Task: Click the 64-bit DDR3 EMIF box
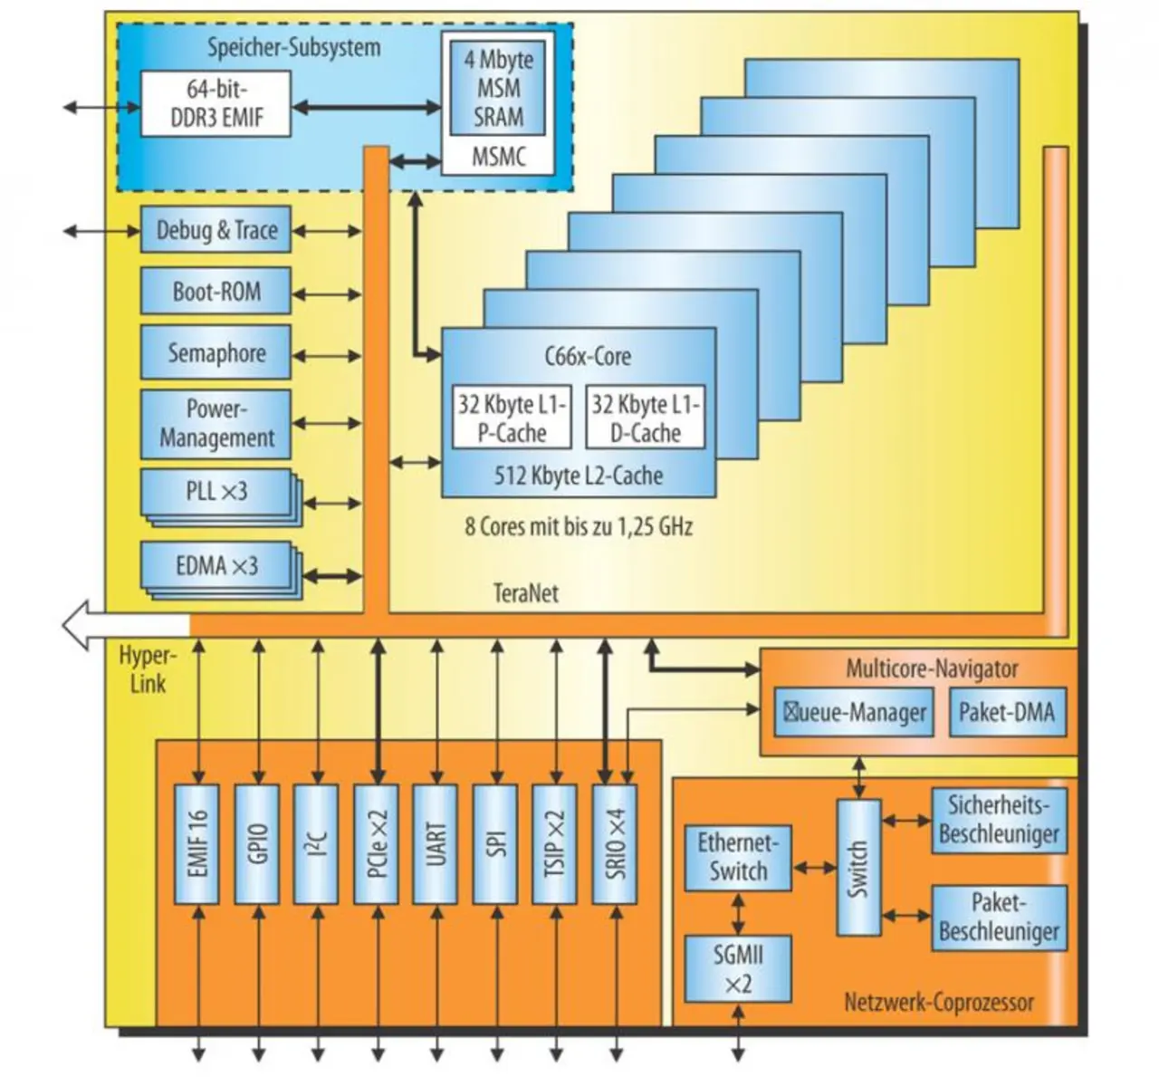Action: [x=216, y=104]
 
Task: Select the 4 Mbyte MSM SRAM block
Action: [x=498, y=88]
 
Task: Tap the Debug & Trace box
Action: [x=216, y=230]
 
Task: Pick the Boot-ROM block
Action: [x=216, y=292]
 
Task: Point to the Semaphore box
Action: [x=216, y=352]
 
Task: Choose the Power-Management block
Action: [x=216, y=423]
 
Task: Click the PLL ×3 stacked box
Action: [x=216, y=492]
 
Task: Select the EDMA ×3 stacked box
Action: [x=216, y=566]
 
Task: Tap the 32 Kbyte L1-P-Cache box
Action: [x=512, y=418]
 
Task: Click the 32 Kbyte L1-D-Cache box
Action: [x=645, y=418]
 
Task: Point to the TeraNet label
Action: [x=525, y=593]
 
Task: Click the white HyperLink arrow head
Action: [x=77, y=624]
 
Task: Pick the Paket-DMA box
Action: [x=1006, y=712]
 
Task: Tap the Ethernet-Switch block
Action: [x=738, y=857]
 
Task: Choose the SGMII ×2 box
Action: [x=738, y=968]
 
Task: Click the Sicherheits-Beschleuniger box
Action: [x=999, y=820]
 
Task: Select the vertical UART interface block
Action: [x=436, y=844]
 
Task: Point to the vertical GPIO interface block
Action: [x=257, y=844]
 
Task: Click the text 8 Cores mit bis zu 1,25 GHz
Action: [x=579, y=526]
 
